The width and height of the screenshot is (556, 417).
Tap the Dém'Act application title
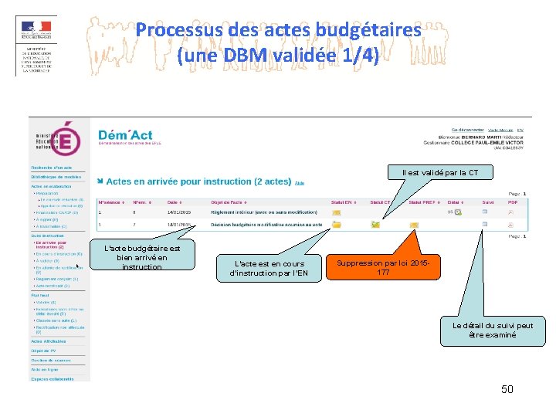125,136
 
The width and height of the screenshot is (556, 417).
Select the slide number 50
507,389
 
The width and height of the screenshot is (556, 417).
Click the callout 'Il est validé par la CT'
439,173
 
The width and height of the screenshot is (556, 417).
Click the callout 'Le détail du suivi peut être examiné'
493,331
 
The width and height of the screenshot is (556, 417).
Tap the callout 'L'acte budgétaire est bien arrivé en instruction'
142,257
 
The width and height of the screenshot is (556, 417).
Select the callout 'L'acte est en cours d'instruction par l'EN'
269,268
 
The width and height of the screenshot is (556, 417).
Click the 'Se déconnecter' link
466,130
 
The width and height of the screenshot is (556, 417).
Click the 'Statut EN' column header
341,202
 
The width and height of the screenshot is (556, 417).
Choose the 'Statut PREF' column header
422,202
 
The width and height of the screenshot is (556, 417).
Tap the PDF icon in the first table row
510,212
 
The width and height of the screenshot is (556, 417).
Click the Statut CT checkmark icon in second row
375,225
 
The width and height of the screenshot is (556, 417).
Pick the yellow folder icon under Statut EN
337,224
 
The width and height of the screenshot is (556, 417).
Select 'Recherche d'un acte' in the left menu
52,168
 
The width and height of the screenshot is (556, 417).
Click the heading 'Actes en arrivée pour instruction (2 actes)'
198,181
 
